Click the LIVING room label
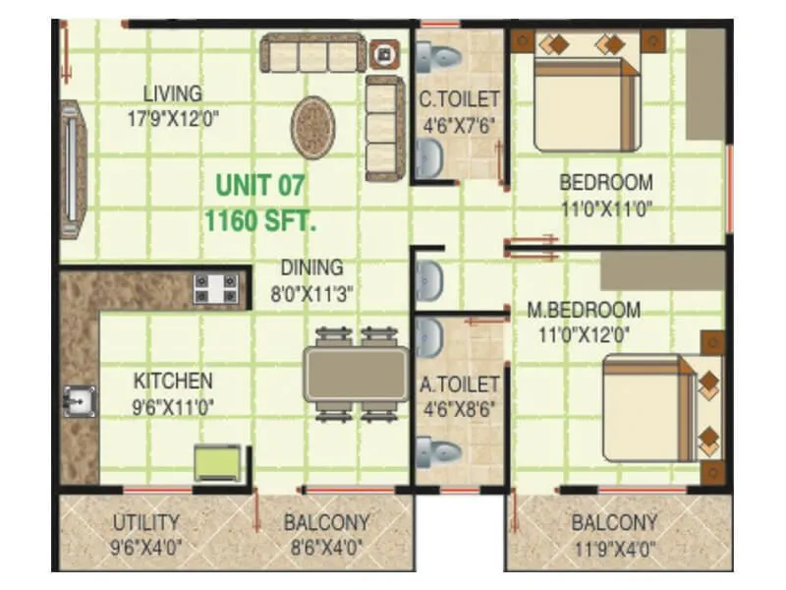173,94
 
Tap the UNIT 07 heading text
260,185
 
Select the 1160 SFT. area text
260,221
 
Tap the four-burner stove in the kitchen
215,288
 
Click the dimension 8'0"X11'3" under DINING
311,292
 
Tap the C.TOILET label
459,99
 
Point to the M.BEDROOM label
584,310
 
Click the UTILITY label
145,522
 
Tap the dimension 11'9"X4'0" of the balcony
614,548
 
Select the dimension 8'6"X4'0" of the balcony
325,548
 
